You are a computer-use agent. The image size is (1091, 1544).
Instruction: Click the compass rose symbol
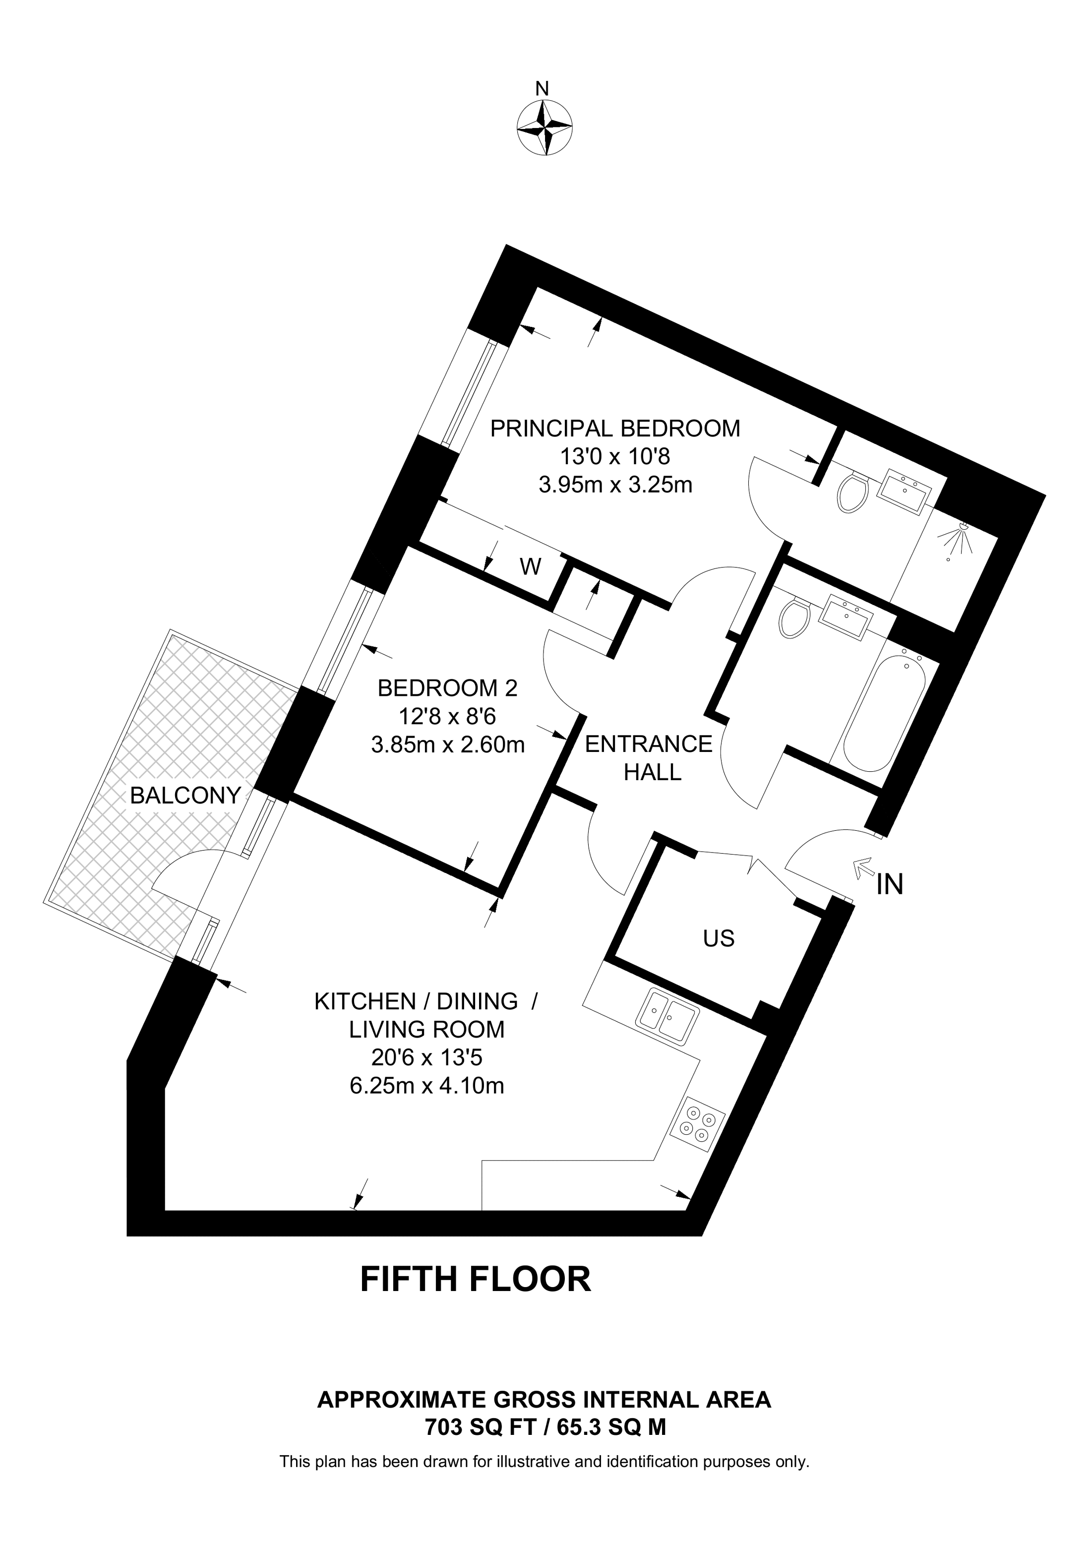[545, 127]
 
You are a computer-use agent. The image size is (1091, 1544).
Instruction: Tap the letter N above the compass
[542, 88]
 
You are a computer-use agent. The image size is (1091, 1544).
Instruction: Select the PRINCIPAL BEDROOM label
[614, 429]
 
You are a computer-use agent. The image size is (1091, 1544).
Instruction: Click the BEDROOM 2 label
[448, 688]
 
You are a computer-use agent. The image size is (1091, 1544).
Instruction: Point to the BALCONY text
[185, 796]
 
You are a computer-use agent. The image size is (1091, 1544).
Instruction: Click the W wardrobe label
[531, 567]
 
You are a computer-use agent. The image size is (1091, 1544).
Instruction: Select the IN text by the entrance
[890, 885]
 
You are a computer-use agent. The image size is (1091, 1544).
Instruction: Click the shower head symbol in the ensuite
[959, 540]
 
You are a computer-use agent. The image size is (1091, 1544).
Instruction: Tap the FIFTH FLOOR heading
[476, 1279]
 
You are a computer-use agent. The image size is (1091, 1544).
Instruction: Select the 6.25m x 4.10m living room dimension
[427, 1085]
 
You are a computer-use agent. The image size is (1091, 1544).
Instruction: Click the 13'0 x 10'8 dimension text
[614, 457]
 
